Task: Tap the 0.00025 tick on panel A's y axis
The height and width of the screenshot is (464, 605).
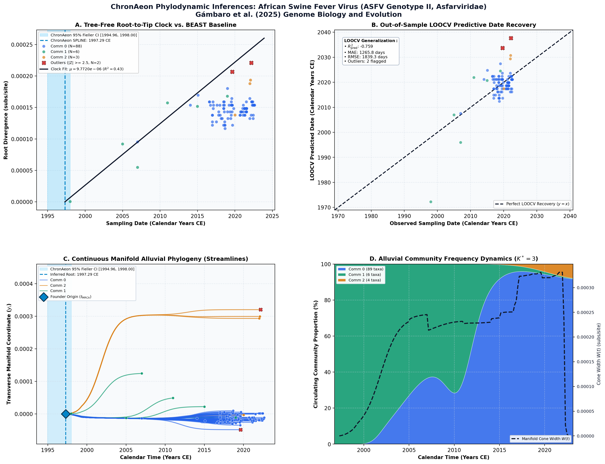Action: [x=22, y=45]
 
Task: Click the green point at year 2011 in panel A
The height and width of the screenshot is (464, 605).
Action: [x=167, y=103]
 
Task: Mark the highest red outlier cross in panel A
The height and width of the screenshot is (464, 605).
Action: [x=251, y=63]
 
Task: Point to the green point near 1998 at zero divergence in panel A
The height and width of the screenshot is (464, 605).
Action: [x=70, y=202]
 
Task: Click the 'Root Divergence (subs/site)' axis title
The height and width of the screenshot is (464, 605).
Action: [x=6, y=120]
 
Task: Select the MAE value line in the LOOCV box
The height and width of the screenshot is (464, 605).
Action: [x=365, y=53]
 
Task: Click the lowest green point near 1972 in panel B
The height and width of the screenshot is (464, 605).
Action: [x=431, y=202]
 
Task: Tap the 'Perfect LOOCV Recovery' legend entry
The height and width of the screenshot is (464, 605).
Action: [x=532, y=204]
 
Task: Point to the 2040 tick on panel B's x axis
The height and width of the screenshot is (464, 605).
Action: [x=570, y=216]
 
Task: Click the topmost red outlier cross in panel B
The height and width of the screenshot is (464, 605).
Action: [x=511, y=38]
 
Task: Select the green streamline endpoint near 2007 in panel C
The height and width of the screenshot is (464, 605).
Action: [x=142, y=373]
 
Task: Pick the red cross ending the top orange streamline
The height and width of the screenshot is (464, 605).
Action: [x=261, y=310]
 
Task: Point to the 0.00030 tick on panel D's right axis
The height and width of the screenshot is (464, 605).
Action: [x=585, y=288]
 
